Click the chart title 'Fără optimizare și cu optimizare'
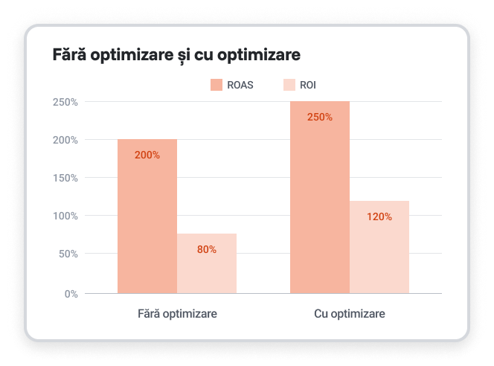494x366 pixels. (x=176, y=56)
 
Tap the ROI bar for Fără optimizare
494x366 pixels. (x=207, y=263)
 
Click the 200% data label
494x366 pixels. (x=147, y=155)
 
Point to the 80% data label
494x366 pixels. (x=207, y=250)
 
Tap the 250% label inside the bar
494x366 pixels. (x=320, y=118)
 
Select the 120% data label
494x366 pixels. (x=379, y=217)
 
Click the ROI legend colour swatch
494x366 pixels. (x=289, y=85)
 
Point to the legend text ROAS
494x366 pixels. (x=240, y=85)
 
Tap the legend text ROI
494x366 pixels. (x=308, y=85)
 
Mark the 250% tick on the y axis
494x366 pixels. (x=66, y=102)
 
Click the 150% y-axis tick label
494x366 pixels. (x=66, y=178)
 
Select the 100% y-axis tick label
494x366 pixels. (x=66, y=216)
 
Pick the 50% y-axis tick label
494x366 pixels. (x=68, y=254)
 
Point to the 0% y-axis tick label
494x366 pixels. (x=71, y=294)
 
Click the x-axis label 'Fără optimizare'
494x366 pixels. (x=178, y=315)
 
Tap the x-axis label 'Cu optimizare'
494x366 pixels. (x=350, y=315)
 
